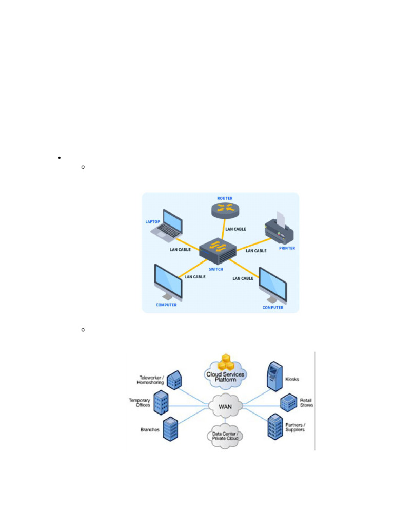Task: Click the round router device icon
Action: pos(225,209)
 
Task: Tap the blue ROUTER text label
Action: pos(225,198)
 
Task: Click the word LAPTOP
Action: pos(153,222)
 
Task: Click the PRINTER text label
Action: pos(287,248)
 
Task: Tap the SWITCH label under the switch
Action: pos(215,269)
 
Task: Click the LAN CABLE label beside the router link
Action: pos(236,229)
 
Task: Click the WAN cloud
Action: pos(226,405)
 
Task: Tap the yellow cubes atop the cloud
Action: pos(226,363)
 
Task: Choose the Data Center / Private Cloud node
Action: pos(226,436)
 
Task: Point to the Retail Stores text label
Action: pos(306,402)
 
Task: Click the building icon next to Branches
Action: pos(170,428)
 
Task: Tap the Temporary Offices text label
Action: pos(140,403)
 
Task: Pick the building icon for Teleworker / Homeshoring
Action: pos(175,380)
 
